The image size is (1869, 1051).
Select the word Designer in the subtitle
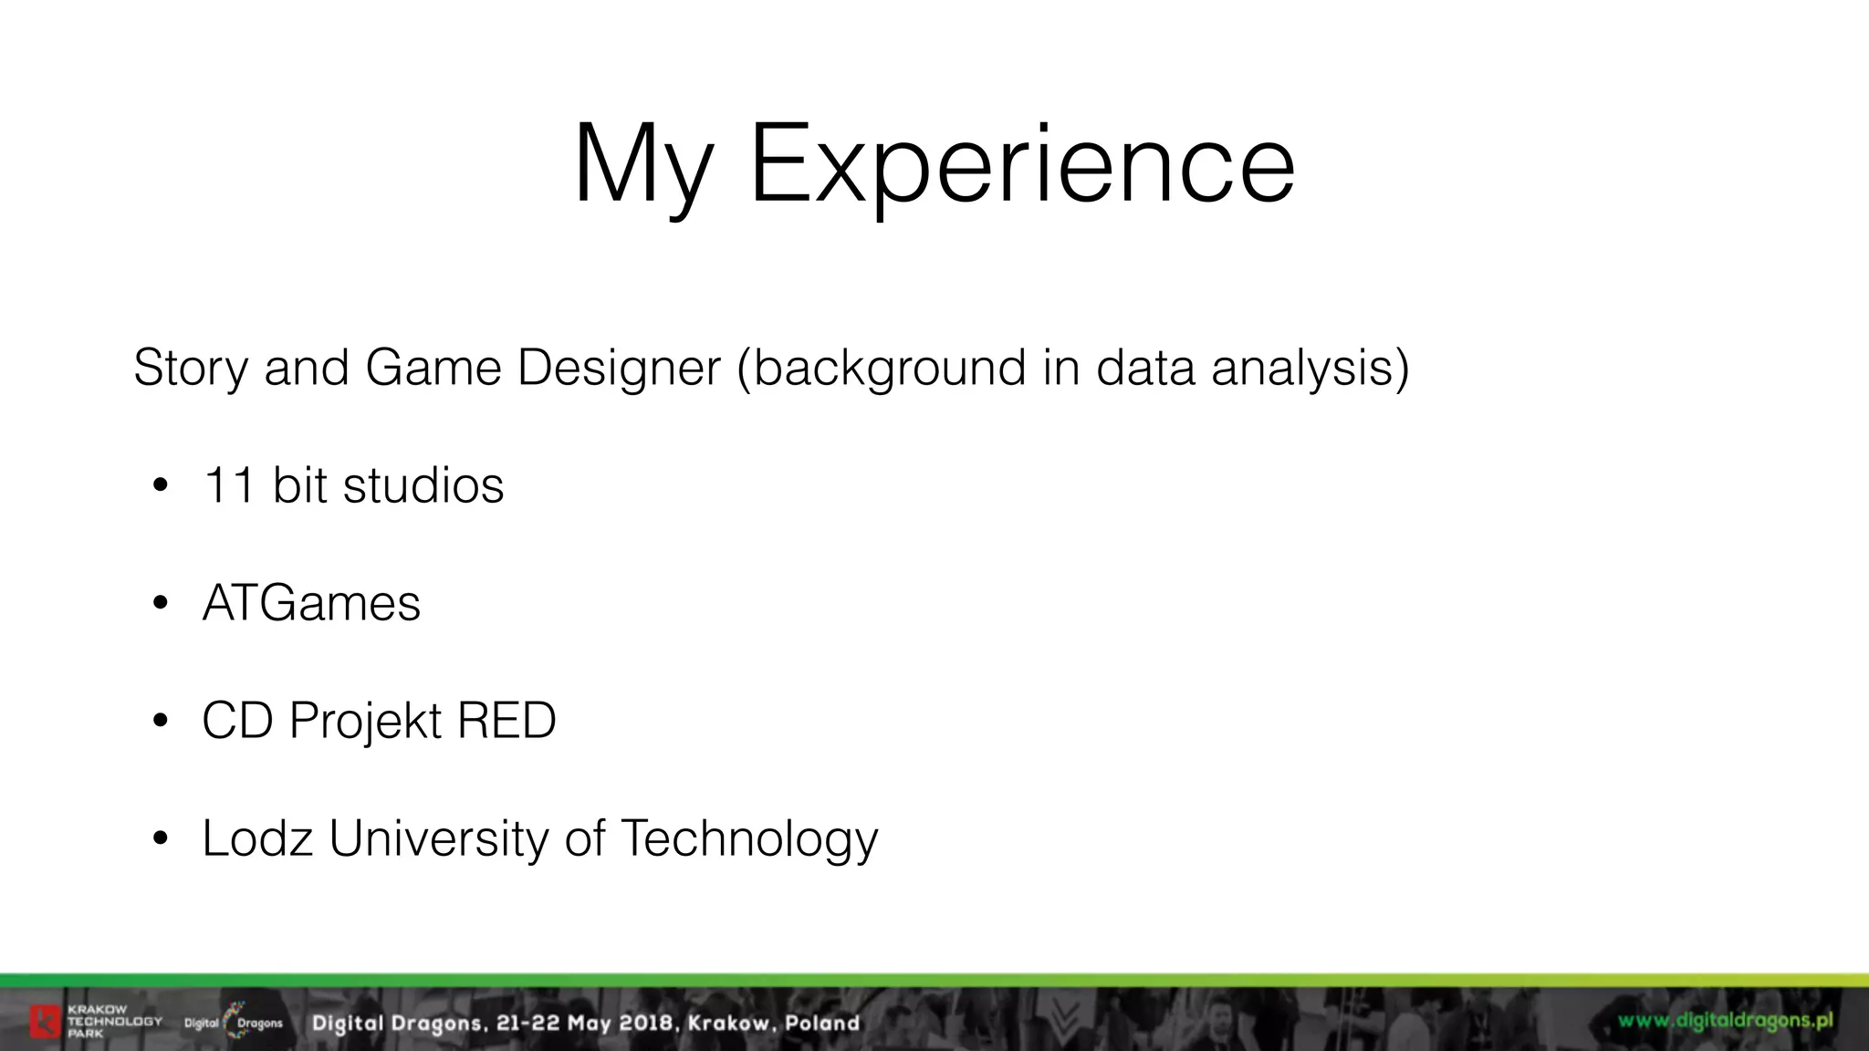pyautogui.click(x=619, y=368)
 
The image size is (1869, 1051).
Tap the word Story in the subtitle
pyautogui.click(x=190, y=368)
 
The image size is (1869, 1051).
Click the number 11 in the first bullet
pyautogui.click(x=229, y=484)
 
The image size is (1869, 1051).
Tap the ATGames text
pyautogui.click(x=311, y=603)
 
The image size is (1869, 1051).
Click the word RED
pyautogui.click(x=506, y=721)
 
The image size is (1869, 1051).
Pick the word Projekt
pyautogui.click(x=366, y=721)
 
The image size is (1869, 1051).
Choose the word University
pyautogui.click(x=438, y=838)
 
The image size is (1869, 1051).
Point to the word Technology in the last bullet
pyautogui.click(x=748, y=838)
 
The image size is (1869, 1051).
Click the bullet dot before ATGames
pyautogui.click(x=161, y=603)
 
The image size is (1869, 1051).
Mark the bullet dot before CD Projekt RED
pyautogui.click(x=161, y=721)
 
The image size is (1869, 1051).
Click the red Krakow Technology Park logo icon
pyautogui.click(x=44, y=1022)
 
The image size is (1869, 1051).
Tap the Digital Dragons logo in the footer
pyautogui.click(x=234, y=1022)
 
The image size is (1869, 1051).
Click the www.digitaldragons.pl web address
pyautogui.click(x=1726, y=1020)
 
